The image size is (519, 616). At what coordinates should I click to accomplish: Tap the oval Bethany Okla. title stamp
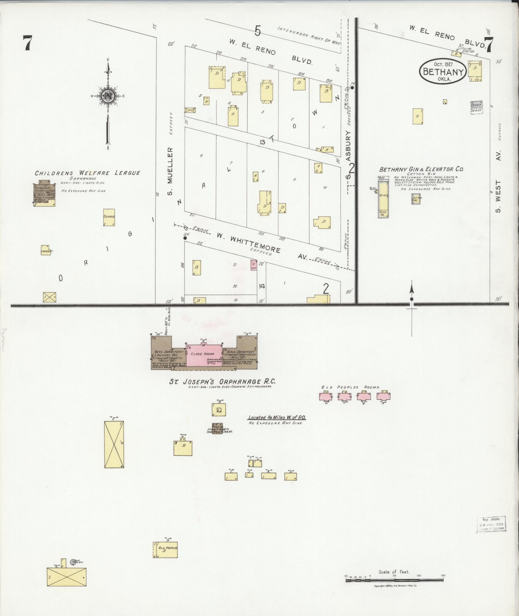(x=442, y=71)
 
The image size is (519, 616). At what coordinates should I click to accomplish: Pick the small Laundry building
(x=46, y=250)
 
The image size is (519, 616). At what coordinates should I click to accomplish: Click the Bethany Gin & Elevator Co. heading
(x=421, y=169)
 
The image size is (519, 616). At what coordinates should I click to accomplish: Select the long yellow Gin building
(x=383, y=197)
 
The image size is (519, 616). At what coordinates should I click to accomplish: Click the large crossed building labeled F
(x=114, y=444)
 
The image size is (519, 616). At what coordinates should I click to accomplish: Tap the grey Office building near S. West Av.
(x=476, y=105)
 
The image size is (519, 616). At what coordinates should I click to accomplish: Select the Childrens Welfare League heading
(x=87, y=173)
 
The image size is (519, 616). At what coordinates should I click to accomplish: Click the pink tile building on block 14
(x=254, y=265)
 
